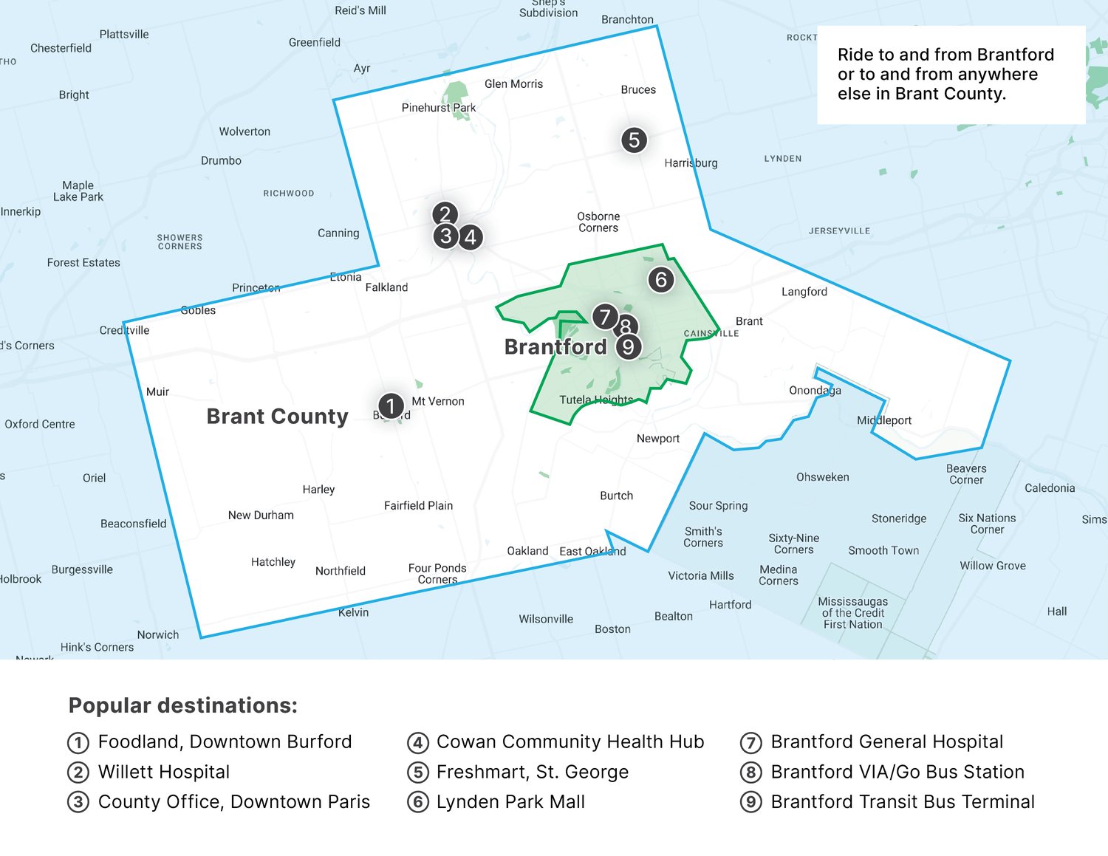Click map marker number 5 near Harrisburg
point(634,140)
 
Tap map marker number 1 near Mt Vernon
point(391,405)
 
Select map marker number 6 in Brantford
point(661,279)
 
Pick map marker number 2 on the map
point(445,214)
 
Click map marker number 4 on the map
point(471,237)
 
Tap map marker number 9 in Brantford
point(629,346)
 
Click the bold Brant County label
point(277,417)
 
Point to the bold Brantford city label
point(555,347)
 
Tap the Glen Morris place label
point(513,84)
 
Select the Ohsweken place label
point(822,477)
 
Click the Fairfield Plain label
point(418,506)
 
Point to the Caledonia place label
point(1050,488)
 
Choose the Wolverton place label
point(244,131)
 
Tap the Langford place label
point(804,292)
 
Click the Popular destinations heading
point(183,705)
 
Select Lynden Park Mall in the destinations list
point(510,802)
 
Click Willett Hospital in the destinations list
point(164,772)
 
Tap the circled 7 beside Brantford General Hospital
point(750,742)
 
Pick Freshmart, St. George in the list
point(532,772)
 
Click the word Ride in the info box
point(855,55)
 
